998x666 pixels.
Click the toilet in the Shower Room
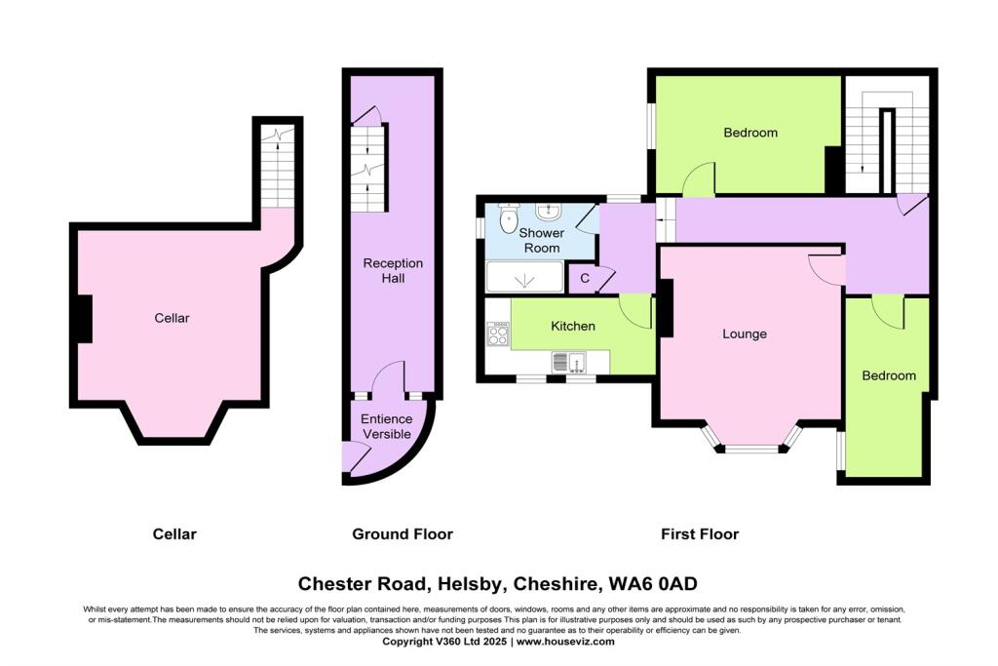pos(508,220)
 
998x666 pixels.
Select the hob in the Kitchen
pos(498,335)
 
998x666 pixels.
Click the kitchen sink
pos(570,362)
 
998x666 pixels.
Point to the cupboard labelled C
pos(585,278)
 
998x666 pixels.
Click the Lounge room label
pos(745,333)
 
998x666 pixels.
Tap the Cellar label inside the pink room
pos(171,318)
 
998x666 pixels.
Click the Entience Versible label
pos(387,426)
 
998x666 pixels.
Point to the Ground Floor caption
pos(402,533)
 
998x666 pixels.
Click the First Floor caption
pos(699,533)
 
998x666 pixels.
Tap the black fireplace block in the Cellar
pos(85,319)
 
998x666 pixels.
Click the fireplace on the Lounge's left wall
pos(667,307)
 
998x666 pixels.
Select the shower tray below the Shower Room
pos(524,278)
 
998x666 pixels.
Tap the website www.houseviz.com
pos(565,642)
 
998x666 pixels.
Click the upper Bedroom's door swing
pos(700,179)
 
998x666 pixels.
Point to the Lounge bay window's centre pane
pos(751,450)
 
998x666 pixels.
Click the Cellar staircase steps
pos(279,172)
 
